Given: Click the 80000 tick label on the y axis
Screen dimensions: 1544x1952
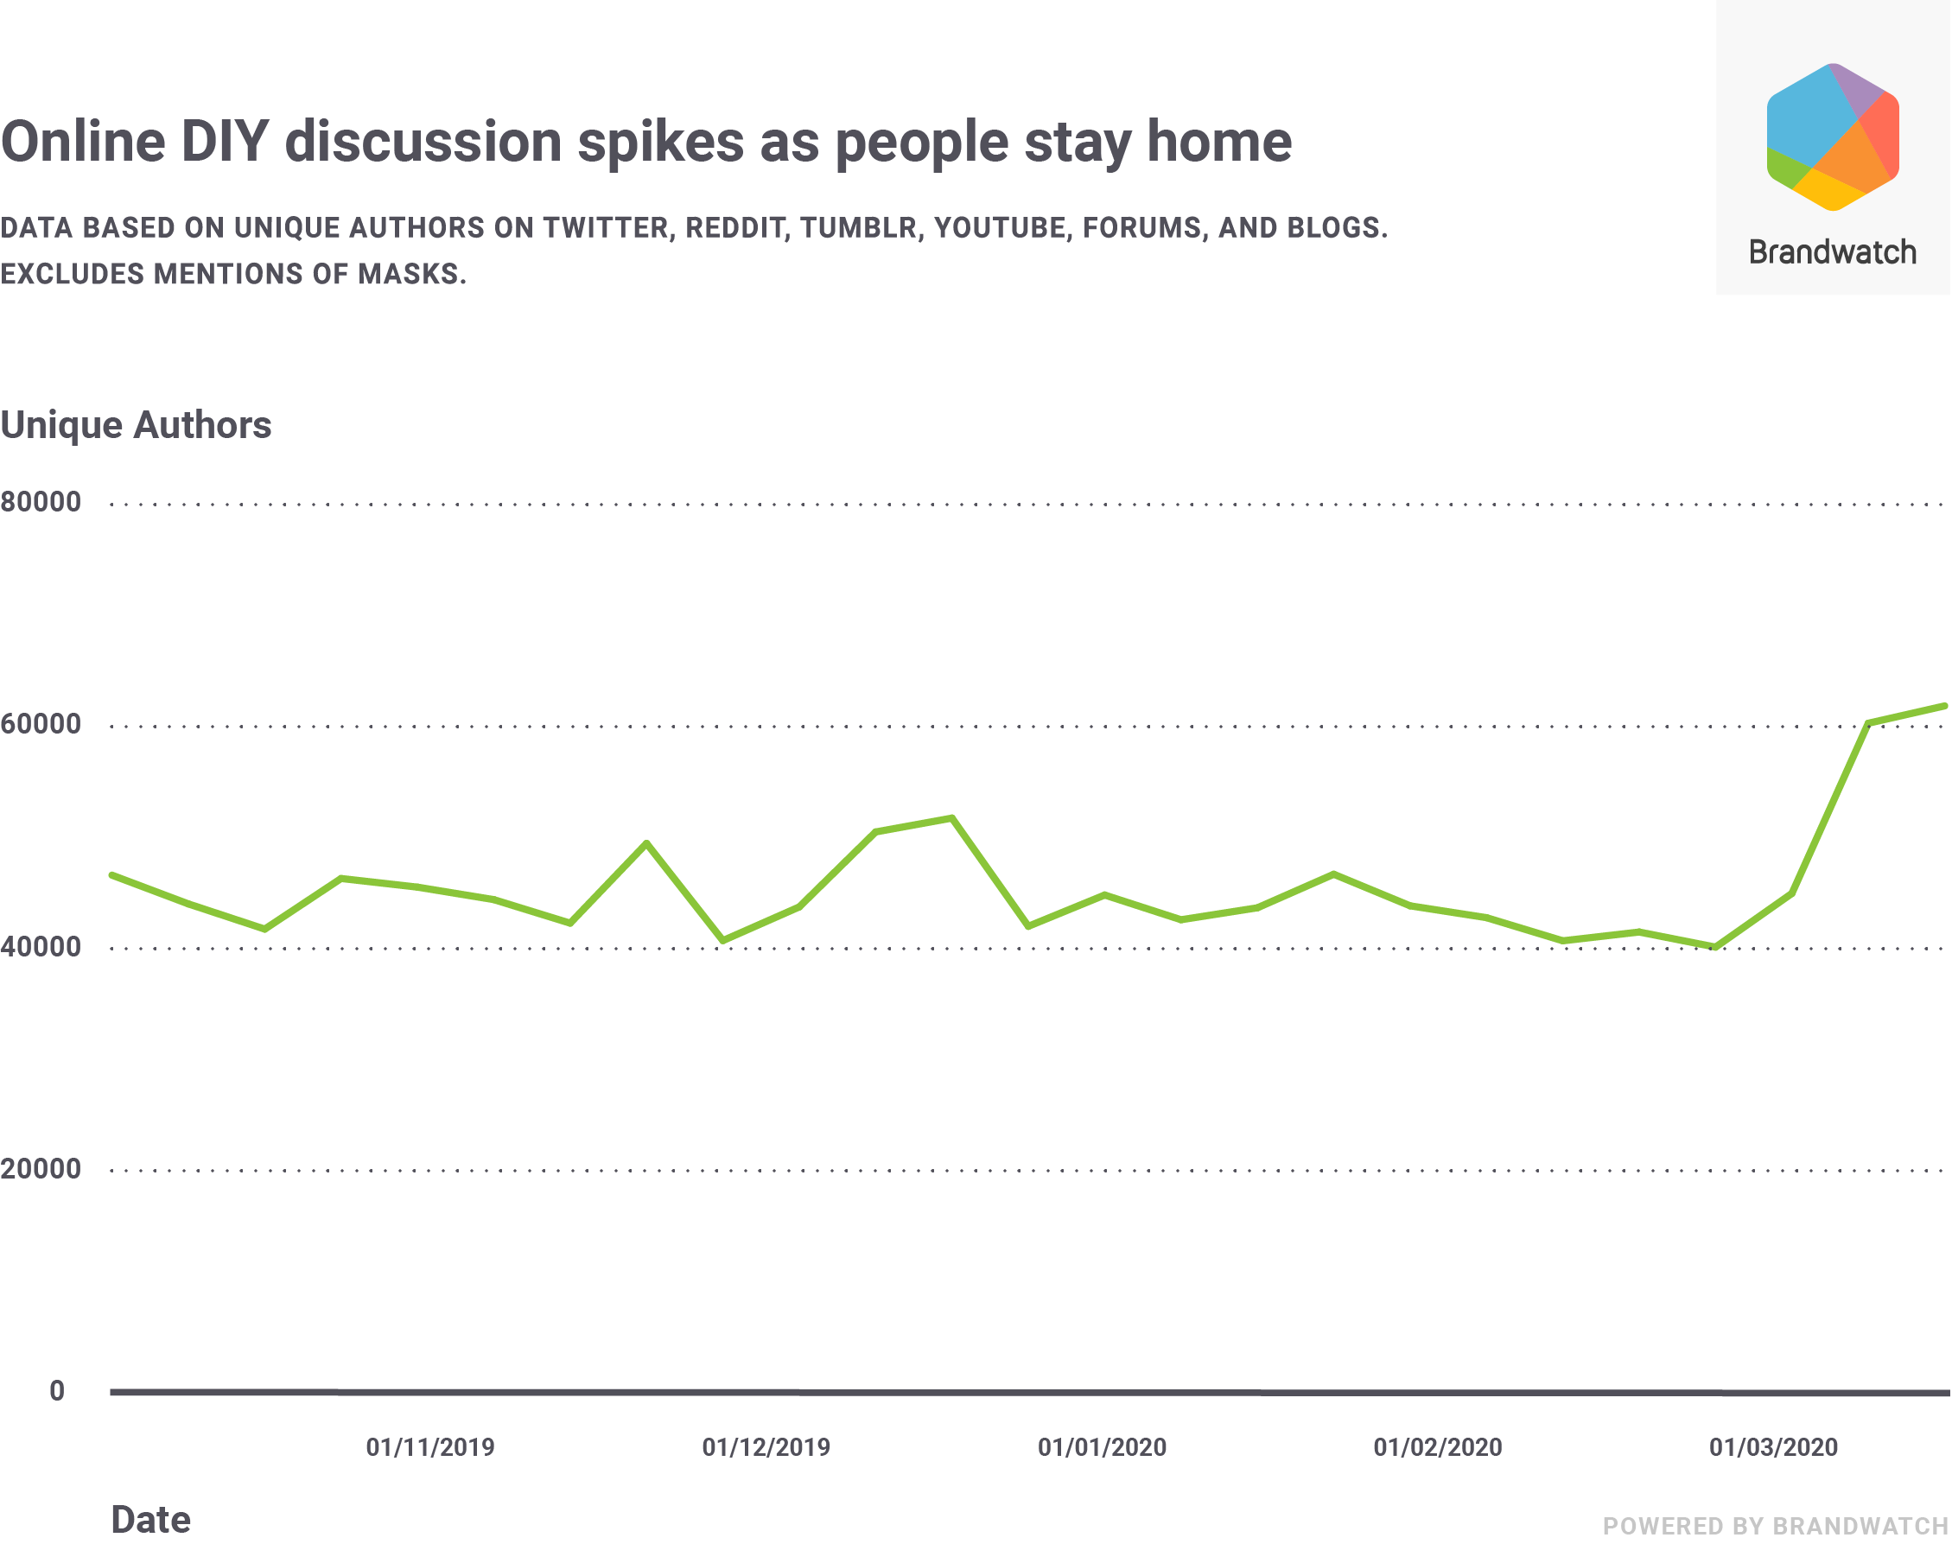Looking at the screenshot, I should pyautogui.click(x=41, y=502).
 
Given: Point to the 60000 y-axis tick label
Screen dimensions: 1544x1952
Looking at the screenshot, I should pyautogui.click(x=41, y=724).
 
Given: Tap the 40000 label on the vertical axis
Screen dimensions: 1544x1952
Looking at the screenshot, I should pyautogui.click(x=41, y=946).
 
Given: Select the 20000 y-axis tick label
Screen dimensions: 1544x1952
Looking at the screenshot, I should pyautogui.click(x=41, y=1169).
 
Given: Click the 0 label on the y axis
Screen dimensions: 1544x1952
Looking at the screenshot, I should pyautogui.click(x=57, y=1390).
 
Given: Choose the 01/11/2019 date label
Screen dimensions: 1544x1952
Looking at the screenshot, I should pyautogui.click(x=430, y=1447).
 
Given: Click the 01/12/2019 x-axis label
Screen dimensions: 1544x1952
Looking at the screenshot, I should pyautogui.click(x=766, y=1447).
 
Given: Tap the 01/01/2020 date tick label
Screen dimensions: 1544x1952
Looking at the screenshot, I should pyautogui.click(x=1101, y=1447).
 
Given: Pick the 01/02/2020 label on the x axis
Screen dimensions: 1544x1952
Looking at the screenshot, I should pyautogui.click(x=1438, y=1447).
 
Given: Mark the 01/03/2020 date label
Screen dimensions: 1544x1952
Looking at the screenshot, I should pyautogui.click(x=1773, y=1447).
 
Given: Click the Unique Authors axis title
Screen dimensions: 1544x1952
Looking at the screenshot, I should pyautogui.click(x=136, y=425).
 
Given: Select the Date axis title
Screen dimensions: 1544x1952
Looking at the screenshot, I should pyautogui.click(x=150, y=1520).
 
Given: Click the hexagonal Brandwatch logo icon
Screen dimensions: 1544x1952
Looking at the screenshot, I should pyautogui.click(x=1833, y=137).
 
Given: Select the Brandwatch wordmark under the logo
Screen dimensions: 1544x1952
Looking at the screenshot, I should pyautogui.click(x=1833, y=252).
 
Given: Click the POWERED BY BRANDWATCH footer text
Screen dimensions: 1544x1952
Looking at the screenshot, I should pyautogui.click(x=1776, y=1526).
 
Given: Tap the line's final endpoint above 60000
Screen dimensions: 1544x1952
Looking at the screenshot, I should pyautogui.click(x=1944, y=706).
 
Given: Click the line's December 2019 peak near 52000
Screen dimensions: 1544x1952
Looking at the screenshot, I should pyautogui.click(x=952, y=818).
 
